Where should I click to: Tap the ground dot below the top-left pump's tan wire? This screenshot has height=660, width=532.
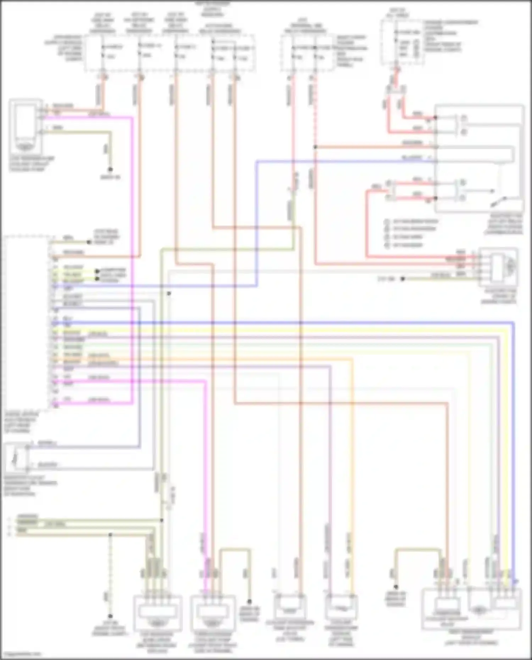[x=110, y=170]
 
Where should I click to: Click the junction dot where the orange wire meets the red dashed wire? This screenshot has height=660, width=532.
[x=315, y=147]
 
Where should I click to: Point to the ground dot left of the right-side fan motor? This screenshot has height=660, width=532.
[x=403, y=279]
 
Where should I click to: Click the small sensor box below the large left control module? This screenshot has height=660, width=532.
[x=16, y=457]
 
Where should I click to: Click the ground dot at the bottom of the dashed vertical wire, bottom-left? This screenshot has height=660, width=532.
[x=110, y=616]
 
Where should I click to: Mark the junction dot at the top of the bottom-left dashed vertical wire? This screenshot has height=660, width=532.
[x=110, y=534]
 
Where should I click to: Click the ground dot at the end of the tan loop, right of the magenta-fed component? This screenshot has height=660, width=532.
[x=249, y=601]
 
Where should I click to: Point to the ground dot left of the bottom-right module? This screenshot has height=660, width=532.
[x=396, y=587]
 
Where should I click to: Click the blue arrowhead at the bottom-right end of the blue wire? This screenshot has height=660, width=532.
[x=515, y=582]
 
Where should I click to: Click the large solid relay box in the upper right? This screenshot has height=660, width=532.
[x=479, y=158]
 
